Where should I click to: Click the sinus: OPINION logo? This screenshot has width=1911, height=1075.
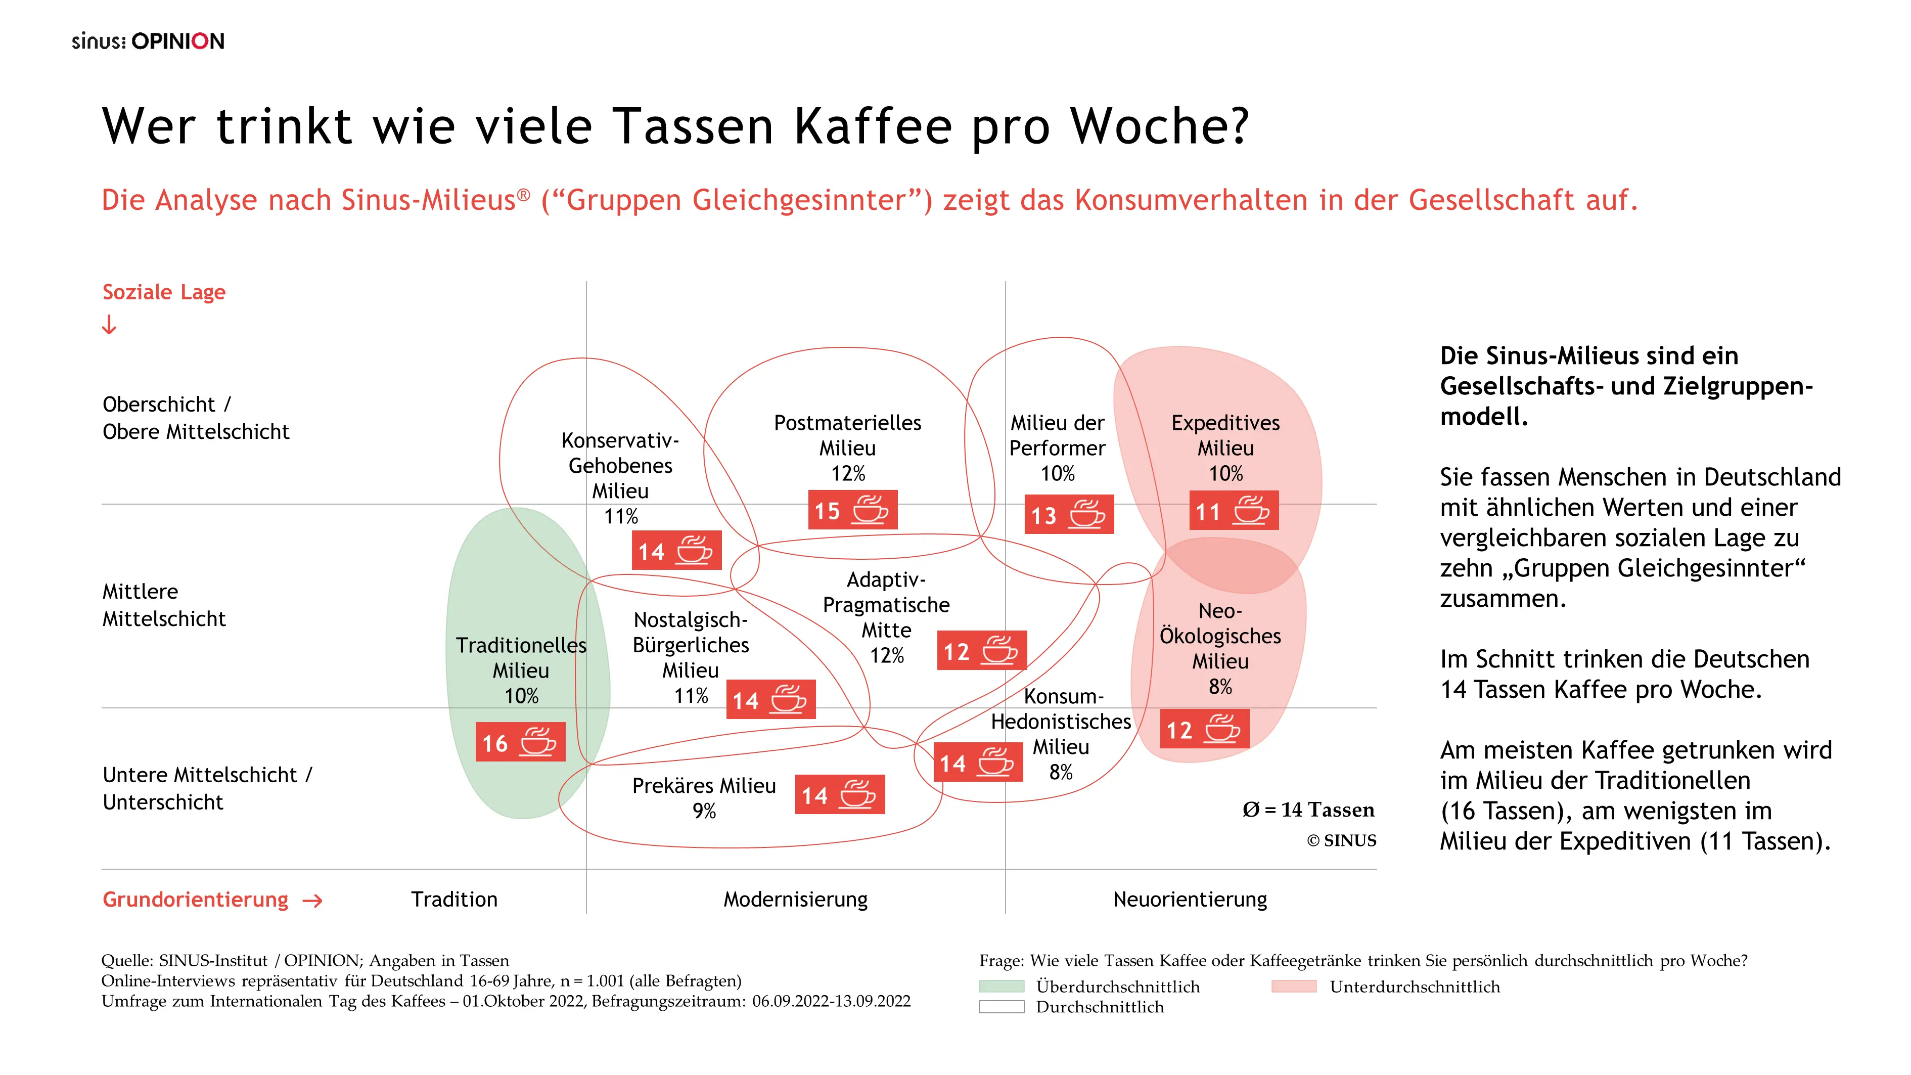coord(148,41)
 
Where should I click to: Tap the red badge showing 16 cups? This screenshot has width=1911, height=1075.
coord(520,742)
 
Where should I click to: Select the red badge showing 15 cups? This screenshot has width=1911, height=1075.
coord(852,510)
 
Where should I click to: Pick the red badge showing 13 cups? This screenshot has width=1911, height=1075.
coord(1069,514)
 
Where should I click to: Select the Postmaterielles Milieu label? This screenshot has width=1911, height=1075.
coord(847,447)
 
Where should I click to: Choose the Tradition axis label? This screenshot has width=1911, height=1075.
coord(454,899)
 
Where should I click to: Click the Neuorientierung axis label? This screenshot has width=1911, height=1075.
coord(1190,899)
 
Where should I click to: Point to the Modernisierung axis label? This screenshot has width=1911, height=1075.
coord(795,899)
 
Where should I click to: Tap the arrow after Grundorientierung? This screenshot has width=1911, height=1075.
coord(313,901)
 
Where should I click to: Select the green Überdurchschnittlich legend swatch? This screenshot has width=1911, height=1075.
coord(1001,986)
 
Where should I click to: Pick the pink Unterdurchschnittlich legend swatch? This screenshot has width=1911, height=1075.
coord(1293,986)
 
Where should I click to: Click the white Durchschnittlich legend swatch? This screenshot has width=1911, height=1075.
coord(1001,1007)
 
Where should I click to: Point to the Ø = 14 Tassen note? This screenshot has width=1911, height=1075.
coord(1308,810)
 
